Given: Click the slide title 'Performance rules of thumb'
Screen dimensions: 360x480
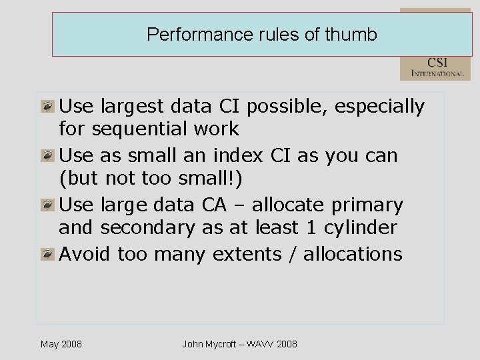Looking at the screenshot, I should coord(261,34).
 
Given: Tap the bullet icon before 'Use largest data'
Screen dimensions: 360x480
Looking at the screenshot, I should coord(47,106).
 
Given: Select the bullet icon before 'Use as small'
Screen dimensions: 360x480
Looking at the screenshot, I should coord(47,155).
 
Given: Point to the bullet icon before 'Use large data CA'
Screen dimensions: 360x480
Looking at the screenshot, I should coord(47,205).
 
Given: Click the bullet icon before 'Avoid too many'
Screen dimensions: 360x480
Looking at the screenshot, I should coord(47,254).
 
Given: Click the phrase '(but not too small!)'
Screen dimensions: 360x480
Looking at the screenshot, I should coord(153,179).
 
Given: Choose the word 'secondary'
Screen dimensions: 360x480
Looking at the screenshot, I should coord(147,228).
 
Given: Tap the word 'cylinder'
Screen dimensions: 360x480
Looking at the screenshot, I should coord(360,228).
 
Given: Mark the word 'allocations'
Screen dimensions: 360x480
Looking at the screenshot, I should coord(353,254).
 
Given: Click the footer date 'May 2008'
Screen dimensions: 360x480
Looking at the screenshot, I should coord(61,344).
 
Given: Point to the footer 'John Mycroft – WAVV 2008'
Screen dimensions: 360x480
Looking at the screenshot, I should coord(240,344).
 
